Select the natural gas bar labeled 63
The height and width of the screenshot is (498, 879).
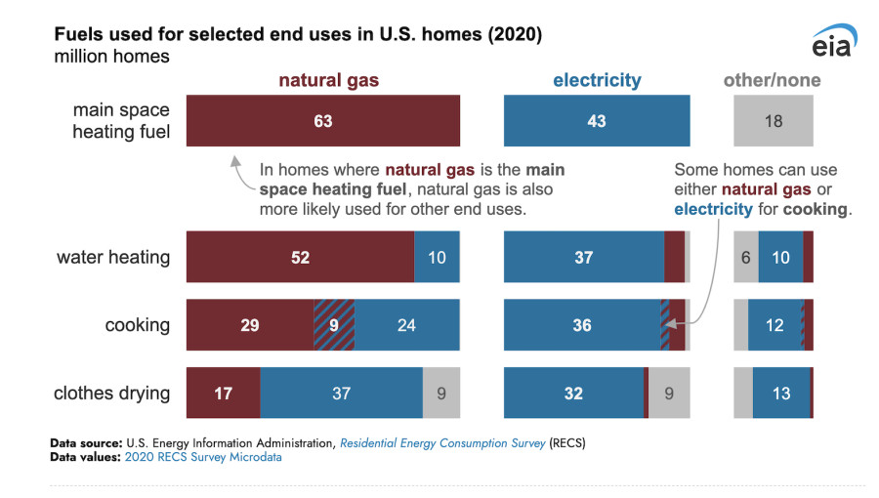click(322, 121)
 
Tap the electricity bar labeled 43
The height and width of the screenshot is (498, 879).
click(596, 121)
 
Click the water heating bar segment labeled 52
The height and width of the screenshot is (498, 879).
click(300, 258)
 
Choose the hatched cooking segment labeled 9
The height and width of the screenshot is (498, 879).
click(334, 325)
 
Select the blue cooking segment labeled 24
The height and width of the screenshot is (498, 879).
click(406, 325)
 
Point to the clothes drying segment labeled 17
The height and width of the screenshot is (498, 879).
click(223, 394)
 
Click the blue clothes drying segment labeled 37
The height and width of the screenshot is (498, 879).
click(341, 394)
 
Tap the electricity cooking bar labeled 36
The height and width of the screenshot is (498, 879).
click(582, 325)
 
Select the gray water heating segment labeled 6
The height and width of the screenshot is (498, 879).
click(746, 258)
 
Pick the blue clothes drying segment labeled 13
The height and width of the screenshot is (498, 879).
click(781, 394)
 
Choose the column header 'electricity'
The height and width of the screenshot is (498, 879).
click(597, 80)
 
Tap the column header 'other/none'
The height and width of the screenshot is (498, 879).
click(772, 80)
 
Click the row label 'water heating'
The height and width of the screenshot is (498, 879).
click(113, 258)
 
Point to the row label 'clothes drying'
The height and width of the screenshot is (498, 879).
click(111, 394)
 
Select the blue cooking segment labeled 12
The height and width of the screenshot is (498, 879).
click(774, 325)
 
